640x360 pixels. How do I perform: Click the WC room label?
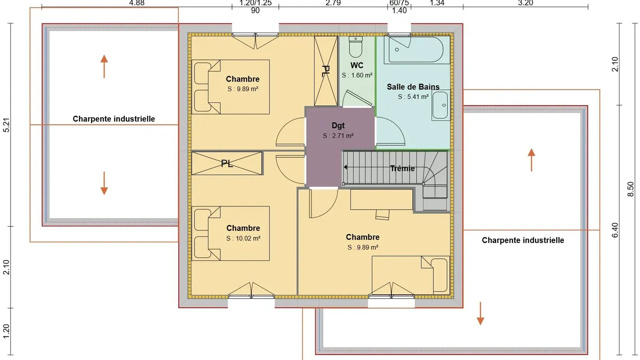[x=357, y=66]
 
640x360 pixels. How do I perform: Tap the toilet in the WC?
[x=356, y=47]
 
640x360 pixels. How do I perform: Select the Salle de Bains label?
[x=413, y=86]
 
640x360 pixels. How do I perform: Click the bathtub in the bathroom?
[x=414, y=50]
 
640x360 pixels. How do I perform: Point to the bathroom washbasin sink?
[x=441, y=105]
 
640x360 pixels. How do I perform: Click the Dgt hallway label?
[x=338, y=125]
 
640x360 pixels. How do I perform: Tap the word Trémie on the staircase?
[x=403, y=169]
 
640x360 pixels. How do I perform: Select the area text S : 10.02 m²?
[x=243, y=238]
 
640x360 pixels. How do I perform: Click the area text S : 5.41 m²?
[x=413, y=97]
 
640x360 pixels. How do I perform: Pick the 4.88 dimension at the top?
[x=137, y=3]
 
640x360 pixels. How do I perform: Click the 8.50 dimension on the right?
[x=630, y=189]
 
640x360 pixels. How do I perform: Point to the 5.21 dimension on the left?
[x=6, y=125]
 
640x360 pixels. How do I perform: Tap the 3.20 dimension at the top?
[x=525, y=3]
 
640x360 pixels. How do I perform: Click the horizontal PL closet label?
[x=227, y=164]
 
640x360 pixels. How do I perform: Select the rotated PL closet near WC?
[x=325, y=71]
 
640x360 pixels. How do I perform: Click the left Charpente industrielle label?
[x=114, y=119]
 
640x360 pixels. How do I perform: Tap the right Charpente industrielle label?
[x=523, y=241]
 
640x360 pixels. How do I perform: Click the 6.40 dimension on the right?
[x=615, y=230]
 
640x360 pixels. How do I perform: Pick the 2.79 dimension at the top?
[x=333, y=3]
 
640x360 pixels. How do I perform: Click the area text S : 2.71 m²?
[x=338, y=135]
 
